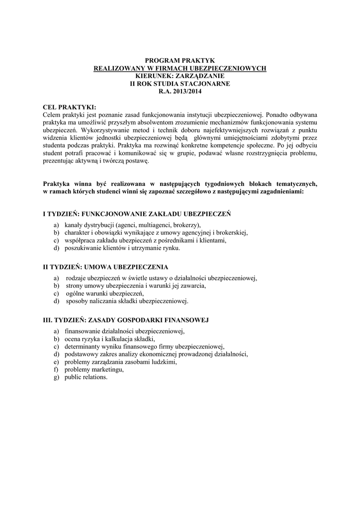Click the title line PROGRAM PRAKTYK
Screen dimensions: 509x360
click(x=180, y=60)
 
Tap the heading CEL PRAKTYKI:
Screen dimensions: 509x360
click(x=70, y=107)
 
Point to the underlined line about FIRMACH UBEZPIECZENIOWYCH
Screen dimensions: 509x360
click(x=180, y=68)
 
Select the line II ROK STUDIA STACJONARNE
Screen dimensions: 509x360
click(x=180, y=84)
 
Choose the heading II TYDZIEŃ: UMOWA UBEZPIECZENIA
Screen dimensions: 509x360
click(x=105, y=267)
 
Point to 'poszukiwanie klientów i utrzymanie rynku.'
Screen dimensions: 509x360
click(x=122, y=248)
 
